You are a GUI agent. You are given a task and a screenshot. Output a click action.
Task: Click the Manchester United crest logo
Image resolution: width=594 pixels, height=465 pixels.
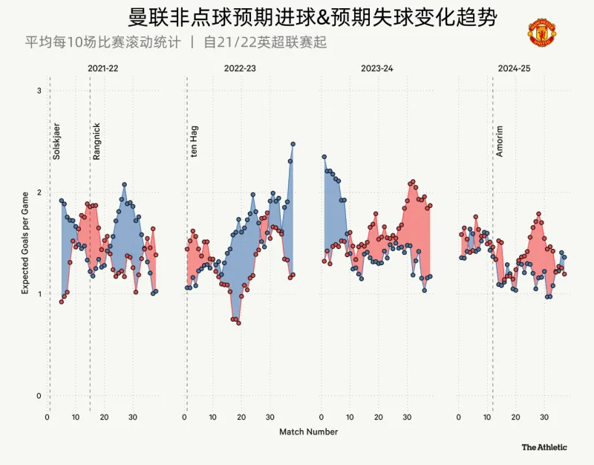(x=542, y=33)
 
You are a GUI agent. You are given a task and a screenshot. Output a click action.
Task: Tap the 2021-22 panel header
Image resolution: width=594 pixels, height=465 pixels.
(x=102, y=68)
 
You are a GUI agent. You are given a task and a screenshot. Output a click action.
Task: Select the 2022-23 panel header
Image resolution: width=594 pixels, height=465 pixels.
(x=239, y=68)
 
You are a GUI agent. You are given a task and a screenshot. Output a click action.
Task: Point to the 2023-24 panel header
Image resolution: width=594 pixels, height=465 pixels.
(x=377, y=68)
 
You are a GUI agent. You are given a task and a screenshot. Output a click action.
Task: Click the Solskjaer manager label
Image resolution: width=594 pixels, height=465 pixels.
(x=56, y=141)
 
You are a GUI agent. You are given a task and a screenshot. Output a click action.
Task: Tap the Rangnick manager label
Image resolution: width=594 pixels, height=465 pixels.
(x=97, y=141)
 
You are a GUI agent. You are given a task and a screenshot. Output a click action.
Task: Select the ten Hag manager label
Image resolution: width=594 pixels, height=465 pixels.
(x=194, y=141)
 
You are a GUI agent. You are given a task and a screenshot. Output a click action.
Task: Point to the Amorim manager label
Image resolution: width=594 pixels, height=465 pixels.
(x=500, y=141)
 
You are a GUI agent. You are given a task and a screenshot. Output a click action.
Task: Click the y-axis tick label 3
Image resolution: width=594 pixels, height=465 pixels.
(x=39, y=91)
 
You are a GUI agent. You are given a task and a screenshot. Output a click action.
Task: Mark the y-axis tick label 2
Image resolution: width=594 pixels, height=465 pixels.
(x=39, y=192)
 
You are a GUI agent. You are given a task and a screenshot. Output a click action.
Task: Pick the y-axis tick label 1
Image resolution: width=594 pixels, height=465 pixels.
(x=39, y=294)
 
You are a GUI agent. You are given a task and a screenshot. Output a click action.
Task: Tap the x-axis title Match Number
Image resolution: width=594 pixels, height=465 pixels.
(x=308, y=432)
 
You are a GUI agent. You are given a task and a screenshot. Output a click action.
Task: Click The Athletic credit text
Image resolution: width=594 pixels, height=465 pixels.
(x=544, y=447)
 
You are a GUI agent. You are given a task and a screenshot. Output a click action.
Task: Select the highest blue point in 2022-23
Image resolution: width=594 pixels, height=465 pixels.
(x=293, y=144)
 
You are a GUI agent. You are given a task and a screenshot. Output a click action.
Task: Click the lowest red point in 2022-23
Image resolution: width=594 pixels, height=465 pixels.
(x=238, y=323)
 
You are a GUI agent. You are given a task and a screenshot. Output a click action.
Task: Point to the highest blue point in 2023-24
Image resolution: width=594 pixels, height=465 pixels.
(x=324, y=157)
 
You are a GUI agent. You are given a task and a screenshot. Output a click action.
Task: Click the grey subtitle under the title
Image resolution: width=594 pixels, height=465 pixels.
(x=176, y=42)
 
